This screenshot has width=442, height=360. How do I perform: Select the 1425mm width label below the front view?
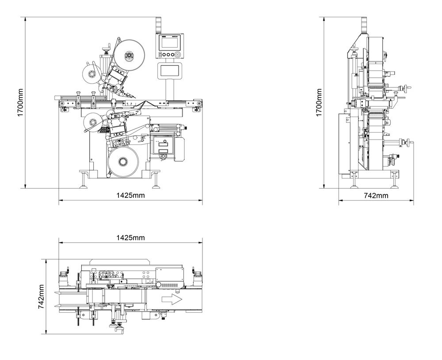click(130, 195)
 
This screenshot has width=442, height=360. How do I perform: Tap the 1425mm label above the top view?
click(130, 238)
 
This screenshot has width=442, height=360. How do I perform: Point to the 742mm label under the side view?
click(376, 195)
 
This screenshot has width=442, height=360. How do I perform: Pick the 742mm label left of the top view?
click(41, 296)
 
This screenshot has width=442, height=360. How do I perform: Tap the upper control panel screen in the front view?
click(170, 43)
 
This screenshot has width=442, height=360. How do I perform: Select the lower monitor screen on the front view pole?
click(170, 71)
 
